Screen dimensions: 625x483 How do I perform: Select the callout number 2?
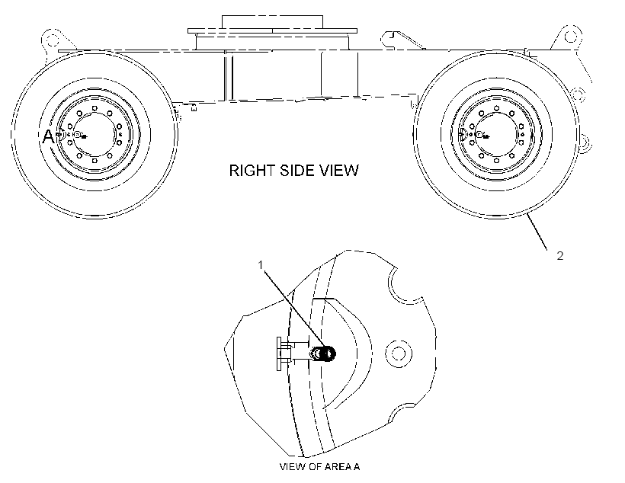[x=560, y=256]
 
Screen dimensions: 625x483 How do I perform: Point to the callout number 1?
[x=261, y=264]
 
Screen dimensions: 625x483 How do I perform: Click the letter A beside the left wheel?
[x=48, y=136]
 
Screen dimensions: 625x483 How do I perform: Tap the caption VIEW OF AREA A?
[x=319, y=467]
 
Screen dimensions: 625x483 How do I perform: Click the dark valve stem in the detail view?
[x=323, y=353]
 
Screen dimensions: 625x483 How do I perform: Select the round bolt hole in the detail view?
[x=398, y=353]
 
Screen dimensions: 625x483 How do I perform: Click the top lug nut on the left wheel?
[x=95, y=108]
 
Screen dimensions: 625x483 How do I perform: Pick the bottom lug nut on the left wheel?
[x=95, y=161]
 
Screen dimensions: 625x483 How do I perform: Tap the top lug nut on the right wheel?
[x=496, y=108]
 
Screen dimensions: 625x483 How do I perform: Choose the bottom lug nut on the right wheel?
[x=496, y=161]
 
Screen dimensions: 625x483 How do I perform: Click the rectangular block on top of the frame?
[x=272, y=22]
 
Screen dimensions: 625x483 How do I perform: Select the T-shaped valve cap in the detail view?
[x=284, y=353]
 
